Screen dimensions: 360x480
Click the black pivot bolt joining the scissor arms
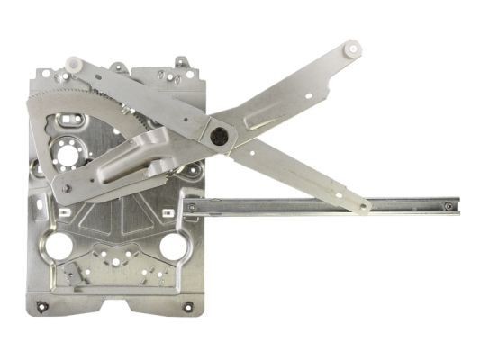coord(219,138)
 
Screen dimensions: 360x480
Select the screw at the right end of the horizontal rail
coord(448,206)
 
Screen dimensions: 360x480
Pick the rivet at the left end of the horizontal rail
coord(192,208)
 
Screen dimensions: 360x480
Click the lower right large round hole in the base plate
coord(172,246)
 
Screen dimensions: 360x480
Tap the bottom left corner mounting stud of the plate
coord(41,306)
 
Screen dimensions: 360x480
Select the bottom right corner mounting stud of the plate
coord(187,307)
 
